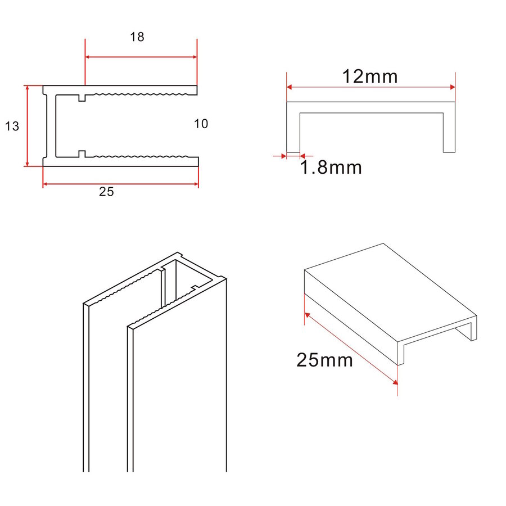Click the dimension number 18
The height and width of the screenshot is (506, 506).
click(137, 38)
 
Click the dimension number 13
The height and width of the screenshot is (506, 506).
click(12, 126)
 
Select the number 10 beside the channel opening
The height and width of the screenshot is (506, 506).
click(201, 124)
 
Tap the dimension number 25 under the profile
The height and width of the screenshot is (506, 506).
click(106, 192)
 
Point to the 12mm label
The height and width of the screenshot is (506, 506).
click(370, 76)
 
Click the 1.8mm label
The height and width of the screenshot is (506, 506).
click(331, 167)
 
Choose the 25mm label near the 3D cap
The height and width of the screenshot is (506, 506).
click(324, 360)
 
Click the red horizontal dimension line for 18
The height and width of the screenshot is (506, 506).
click(141, 57)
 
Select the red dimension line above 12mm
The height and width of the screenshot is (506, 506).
click(371, 87)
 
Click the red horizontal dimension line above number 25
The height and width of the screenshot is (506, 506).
click(120, 184)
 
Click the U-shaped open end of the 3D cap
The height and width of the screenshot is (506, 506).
click(439, 341)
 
